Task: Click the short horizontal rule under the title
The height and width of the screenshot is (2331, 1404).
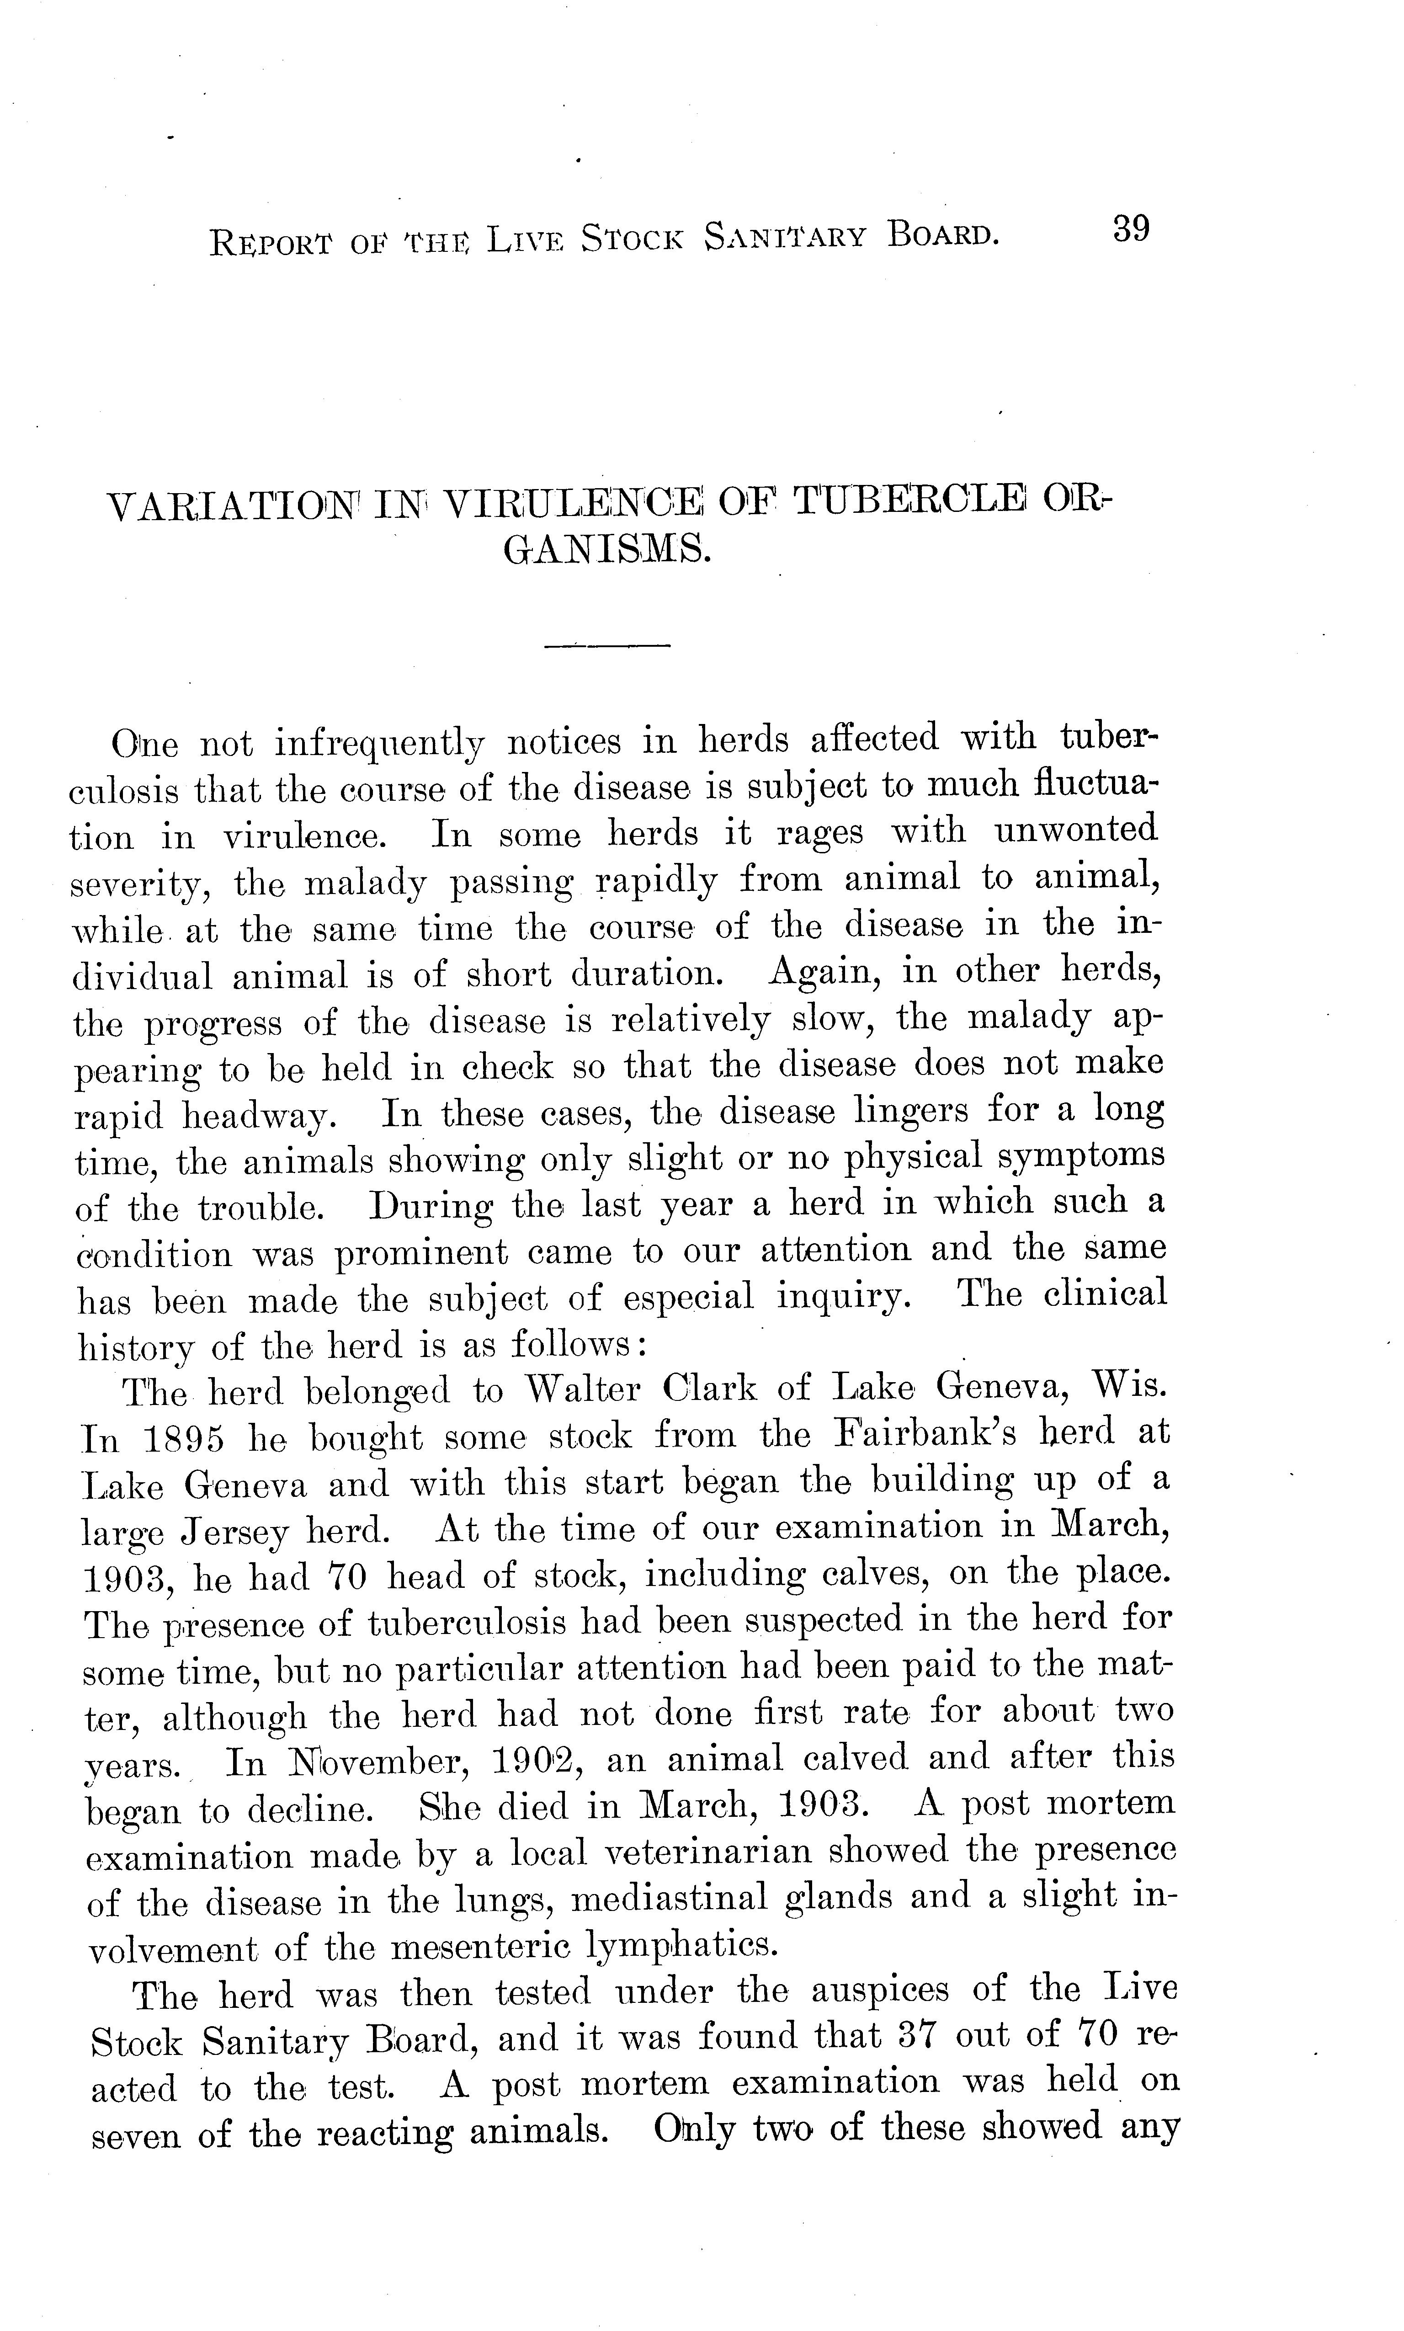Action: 607,646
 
